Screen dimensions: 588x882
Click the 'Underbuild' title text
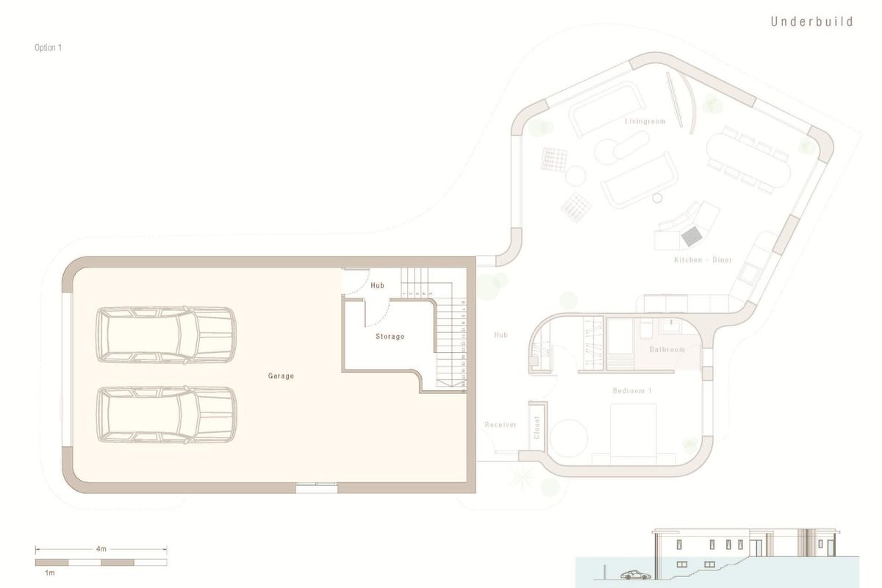point(811,22)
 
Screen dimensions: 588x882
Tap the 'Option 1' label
point(49,48)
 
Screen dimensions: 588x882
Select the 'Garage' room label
point(281,376)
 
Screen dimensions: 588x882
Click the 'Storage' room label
point(390,337)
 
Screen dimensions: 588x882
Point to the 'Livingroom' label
point(645,121)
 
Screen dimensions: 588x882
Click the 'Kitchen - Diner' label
point(703,260)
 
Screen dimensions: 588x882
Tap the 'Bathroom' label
point(667,349)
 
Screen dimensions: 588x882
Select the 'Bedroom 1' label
point(632,391)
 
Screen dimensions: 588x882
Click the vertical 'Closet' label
point(537,426)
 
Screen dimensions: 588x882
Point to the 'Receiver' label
point(501,425)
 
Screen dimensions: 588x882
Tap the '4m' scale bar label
point(101,548)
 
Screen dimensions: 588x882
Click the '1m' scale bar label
point(51,572)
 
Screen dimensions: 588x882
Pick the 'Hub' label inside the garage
point(378,285)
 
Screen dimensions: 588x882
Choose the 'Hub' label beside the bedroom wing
point(501,335)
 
